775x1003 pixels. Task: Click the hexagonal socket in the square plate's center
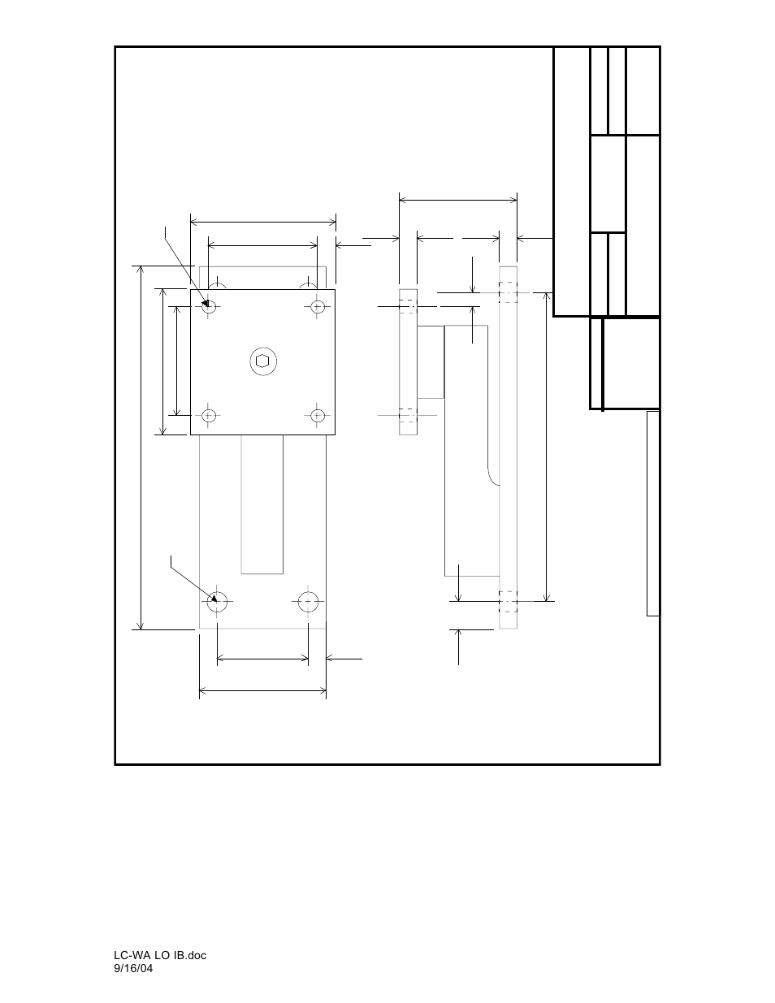[x=262, y=361]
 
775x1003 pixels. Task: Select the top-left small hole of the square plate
[x=209, y=306]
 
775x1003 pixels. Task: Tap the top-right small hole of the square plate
[x=318, y=306]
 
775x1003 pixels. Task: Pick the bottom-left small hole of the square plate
[x=209, y=416]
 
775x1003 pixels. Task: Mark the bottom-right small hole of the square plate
[x=318, y=416]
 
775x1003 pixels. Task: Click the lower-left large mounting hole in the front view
[x=217, y=602]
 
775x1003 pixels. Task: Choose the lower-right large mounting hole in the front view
[x=308, y=602]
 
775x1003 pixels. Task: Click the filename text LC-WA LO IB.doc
[x=160, y=955]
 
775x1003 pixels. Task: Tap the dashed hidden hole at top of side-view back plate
[x=508, y=292]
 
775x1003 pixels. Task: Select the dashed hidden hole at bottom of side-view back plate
[x=508, y=601]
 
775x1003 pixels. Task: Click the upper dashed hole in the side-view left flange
[x=407, y=307]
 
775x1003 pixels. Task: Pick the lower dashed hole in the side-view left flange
[x=407, y=416]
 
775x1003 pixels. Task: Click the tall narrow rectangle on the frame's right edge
[x=652, y=513]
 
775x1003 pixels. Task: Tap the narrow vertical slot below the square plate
[x=262, y=504]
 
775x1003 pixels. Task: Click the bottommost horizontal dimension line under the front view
[x=262, y=691]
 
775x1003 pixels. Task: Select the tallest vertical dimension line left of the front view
[x=142, y=447]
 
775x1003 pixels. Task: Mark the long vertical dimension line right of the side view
[x=546, y=447]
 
